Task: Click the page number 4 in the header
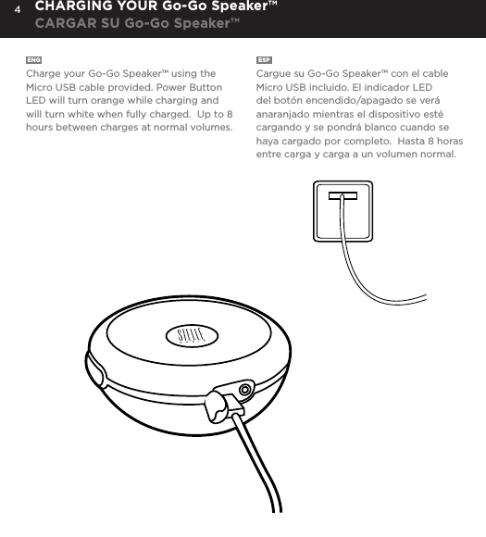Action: click(x=17, y=13)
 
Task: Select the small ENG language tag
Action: click(x=33, y=60)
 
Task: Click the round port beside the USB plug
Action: click(x=244, y=390)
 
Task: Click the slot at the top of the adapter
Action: click(x=342, y=195)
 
